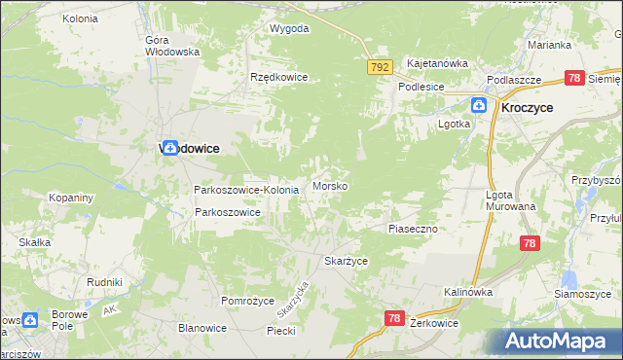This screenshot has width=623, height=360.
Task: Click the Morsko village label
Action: point(331,186)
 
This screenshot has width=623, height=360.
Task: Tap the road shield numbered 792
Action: point(380,67)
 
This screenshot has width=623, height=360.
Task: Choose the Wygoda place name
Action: point(289,28)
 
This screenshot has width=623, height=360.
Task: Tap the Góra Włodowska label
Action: point(171,46)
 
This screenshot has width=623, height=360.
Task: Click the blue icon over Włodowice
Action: point(170,148)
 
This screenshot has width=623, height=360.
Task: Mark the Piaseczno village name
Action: point(416,228)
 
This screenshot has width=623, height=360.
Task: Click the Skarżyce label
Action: point(346,262)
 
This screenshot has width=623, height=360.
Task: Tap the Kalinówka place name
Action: point(468,292)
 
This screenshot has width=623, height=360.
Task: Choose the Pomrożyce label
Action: point(248,302)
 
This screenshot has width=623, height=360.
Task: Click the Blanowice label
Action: point(202,328)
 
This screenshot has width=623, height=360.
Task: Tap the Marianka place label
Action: point(549,45)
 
